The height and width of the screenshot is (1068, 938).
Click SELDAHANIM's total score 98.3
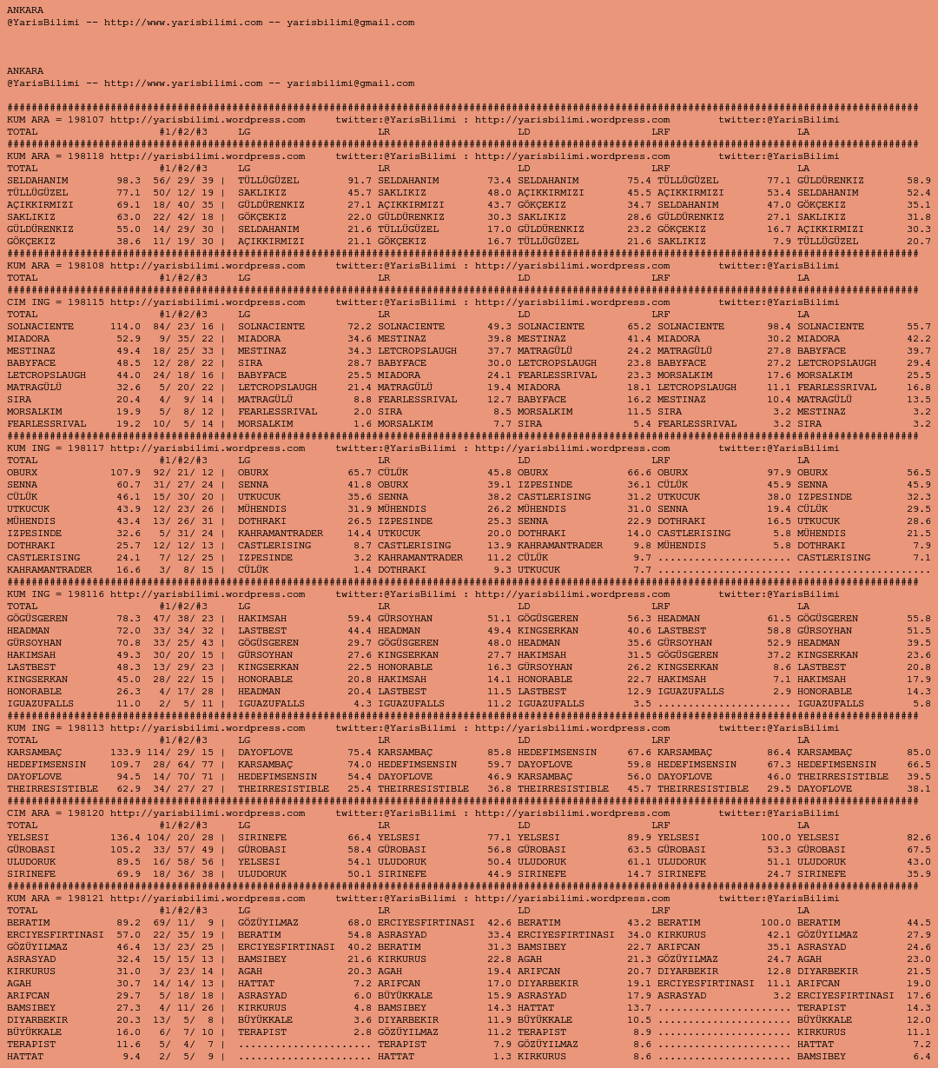point(129,181)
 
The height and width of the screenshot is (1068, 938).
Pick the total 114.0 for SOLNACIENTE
point(125,327)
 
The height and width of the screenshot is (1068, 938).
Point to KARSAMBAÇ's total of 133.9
point(125,753)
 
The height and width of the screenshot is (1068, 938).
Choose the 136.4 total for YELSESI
point(125,838)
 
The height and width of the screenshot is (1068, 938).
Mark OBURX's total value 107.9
point(125,473)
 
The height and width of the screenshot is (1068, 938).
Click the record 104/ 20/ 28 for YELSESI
point(180,838)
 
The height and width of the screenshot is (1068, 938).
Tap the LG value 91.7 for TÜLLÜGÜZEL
point(360,181)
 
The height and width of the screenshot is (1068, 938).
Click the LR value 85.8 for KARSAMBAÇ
point(499,753)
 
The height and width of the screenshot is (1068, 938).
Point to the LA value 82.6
point(919,838)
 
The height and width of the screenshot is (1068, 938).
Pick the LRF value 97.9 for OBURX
point(779,473)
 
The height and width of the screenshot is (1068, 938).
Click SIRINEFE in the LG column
point(262,838)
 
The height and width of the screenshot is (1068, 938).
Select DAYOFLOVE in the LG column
point(265,753)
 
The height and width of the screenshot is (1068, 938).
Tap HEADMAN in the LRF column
point(682,619)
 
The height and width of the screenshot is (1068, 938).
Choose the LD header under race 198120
point(524,826)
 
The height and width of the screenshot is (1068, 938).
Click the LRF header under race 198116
point(661,607)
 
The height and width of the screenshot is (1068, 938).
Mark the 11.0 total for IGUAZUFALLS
point(129,704)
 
